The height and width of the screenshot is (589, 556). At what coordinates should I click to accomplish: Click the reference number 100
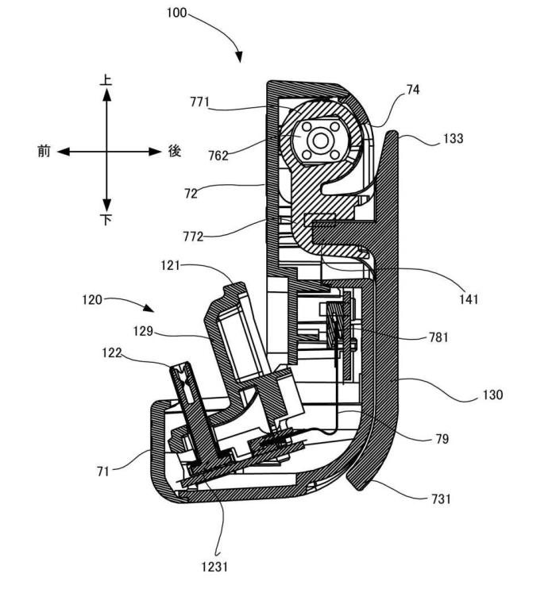pyautogui.click(x=176, y=13)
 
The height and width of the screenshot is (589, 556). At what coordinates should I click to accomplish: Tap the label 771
pyautogui.click(x=199, y=102)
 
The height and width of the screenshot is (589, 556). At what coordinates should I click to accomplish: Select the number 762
pyautogui.click(x=218, y=156)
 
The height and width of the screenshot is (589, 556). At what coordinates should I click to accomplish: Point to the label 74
pyautogui.click(x=412, y=90)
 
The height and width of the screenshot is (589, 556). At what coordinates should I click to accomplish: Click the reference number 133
pyautogui.click(x=453, y=138)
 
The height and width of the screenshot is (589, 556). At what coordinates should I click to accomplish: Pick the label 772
pyautogui.click(x=193, y=237)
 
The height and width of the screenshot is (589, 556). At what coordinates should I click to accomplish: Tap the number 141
pyautogui.click(x=469, y=299)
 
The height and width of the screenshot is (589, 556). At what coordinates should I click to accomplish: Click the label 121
pyautogui.click(x=170, y=266)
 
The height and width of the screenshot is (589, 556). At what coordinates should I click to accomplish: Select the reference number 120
pyautogui.click(x=92, y=300)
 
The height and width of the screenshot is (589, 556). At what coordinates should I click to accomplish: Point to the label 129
pyautogui.click(x=143, y=331)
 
